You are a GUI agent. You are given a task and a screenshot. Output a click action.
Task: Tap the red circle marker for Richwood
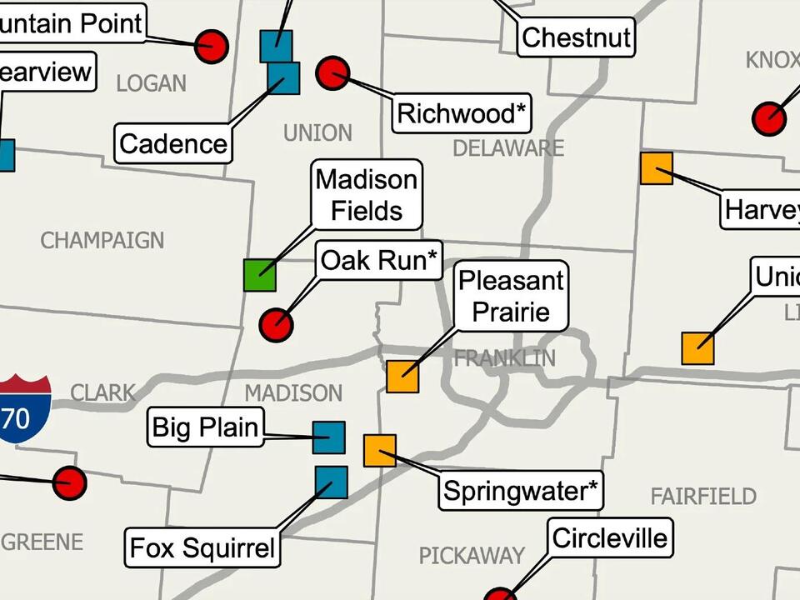332,73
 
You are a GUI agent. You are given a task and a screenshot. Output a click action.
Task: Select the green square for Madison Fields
259,275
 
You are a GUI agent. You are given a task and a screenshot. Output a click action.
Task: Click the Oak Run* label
379,261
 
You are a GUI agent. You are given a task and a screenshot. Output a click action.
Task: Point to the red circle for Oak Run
276,324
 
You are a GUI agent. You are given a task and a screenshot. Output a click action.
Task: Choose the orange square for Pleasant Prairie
402,376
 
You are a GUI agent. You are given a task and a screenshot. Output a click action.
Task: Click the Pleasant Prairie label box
512,296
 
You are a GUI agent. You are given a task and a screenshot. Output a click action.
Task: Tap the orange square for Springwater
380,451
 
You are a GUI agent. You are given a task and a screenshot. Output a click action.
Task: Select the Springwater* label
521,491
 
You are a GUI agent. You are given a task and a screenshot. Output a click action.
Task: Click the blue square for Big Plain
328,437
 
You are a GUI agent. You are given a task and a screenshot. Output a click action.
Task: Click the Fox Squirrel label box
202,548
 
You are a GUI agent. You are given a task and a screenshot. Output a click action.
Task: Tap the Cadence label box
173,144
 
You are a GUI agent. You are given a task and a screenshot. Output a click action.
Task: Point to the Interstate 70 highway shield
22,407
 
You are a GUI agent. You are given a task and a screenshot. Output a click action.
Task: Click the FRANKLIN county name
504,359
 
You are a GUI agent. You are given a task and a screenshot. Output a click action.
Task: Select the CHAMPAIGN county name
102,241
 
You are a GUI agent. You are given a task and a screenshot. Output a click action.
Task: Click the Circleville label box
610,537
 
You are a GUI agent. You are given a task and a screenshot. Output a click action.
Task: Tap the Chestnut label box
576,37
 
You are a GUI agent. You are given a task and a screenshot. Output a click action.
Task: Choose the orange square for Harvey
656,168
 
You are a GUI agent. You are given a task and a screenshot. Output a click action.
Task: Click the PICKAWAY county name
471,555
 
